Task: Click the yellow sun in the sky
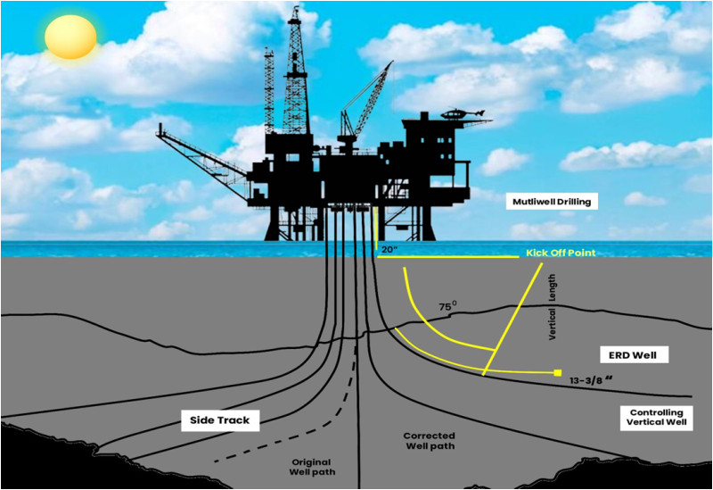pos(70,37)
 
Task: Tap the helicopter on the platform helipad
pos(463,113)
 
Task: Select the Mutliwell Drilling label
pos(552,202)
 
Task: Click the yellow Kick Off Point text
pos(561,253)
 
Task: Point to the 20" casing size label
pos(389,250)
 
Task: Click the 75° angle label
pos(448,306)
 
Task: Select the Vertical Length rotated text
pos(552,306)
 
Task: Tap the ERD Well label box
pos(633,355)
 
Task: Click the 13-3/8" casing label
pos(592,380)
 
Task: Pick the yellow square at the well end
pos(558,372)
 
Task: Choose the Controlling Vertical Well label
pos(656,417)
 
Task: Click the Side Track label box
pos(219,420)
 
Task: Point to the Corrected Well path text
pos(430,441)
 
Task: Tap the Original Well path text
pos(312,467)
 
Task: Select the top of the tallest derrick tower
pos(295,7)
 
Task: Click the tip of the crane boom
pos(392,62)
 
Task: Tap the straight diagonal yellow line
pos(513,320)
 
